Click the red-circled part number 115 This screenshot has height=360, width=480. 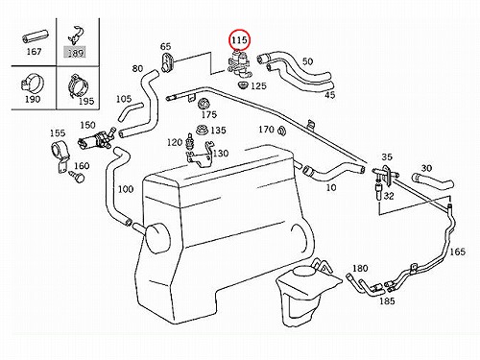[240, 40]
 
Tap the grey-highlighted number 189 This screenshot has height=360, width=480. [76, 53]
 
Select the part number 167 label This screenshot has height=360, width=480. [34, 52]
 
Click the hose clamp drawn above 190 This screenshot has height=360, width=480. [33, 84]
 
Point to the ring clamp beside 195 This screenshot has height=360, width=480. [78, 84]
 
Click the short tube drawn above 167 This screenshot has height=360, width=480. [35, 36]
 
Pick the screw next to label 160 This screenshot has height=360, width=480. [79, 177]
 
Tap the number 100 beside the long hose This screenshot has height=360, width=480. [126, 189]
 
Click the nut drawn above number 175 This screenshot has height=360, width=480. [204, 104]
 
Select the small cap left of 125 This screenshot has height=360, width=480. [244, 85]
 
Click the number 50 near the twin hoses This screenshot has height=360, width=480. [307, 61]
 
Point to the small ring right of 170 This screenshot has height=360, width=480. [281, 131]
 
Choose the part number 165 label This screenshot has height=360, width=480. [457, 252]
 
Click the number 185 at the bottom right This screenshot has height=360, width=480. [387, 301]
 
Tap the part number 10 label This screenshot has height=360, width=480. [331, 187]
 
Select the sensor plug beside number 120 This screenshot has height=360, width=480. [189, 143]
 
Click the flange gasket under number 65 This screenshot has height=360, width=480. [167, 62]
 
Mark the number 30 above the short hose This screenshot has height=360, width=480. [426, 168]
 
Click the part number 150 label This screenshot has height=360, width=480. [87, 125]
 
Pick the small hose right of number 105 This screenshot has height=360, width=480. [131, 112]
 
